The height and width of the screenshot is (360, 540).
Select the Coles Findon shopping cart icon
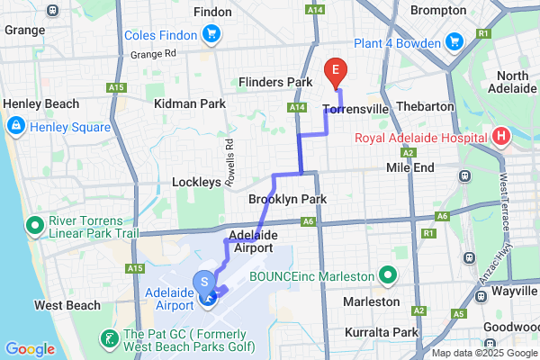click(211, 34)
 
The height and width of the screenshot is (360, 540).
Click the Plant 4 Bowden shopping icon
click(454, 41)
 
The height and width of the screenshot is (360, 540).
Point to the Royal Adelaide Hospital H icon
click(501, 139)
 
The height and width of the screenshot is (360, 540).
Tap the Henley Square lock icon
click(15, 126)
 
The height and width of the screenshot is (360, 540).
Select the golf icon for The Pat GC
click(108, 339)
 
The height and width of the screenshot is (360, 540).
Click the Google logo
click(29, 349)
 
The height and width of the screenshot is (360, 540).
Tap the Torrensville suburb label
click(355, 110)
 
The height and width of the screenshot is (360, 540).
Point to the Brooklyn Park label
click(287, 199)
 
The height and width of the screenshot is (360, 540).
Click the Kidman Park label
click(190, 104)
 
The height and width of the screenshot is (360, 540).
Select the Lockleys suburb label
click(196, 182)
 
